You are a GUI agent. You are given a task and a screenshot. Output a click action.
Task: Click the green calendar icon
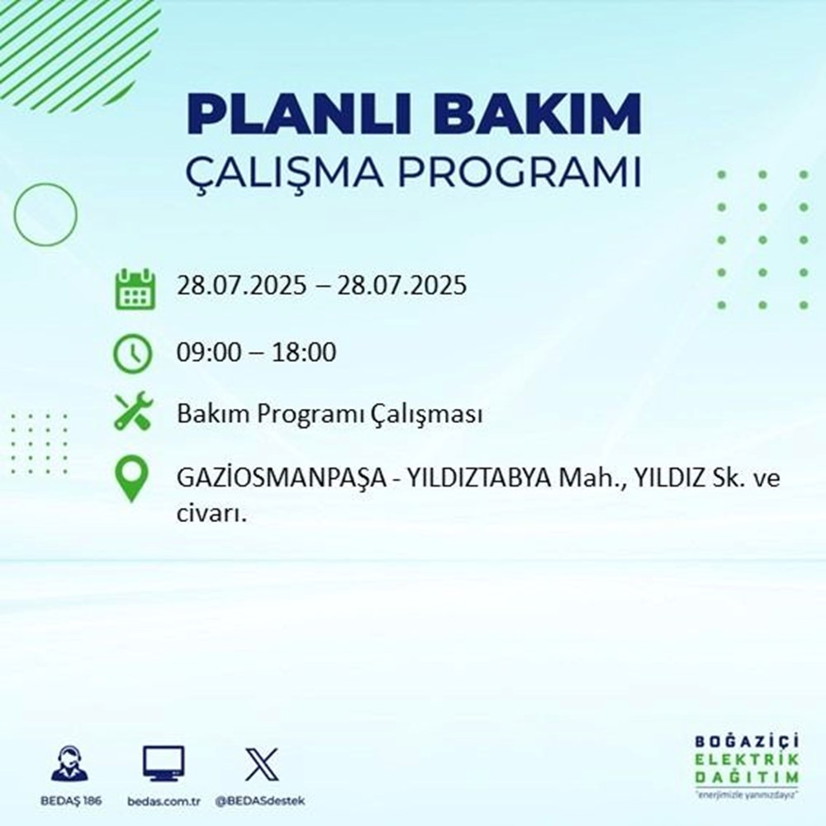[x=133, y=288]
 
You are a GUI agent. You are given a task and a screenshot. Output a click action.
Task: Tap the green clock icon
[x=133, y=354]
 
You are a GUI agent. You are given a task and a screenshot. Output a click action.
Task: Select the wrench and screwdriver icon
[x=133, y=412]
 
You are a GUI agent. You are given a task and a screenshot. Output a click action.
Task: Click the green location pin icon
[x=133, y=480]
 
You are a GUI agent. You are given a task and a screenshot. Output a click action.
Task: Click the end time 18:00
[x=306, y=354]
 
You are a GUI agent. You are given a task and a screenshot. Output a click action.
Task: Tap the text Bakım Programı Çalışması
[x=329, y=415]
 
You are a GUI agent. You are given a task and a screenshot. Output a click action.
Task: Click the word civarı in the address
[x=211, y=514]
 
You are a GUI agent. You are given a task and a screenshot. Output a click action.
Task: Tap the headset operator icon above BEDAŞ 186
[x=70, y=764]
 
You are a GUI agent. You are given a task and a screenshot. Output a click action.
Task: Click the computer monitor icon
[x=164, y=764]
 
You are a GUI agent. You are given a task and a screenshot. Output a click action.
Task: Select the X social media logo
[x=262, y=764]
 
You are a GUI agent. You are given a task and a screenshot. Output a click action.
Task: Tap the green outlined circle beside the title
[x=45, y=214]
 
